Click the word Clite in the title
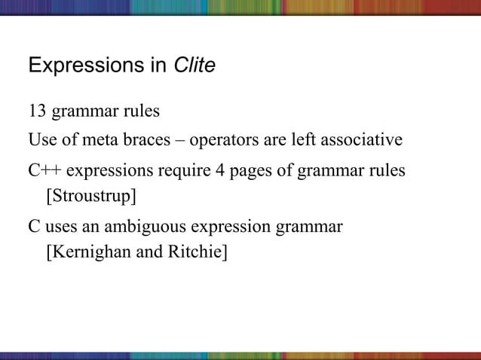[x=195, y=66]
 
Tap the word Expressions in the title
[x=82, y=67]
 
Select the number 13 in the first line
[x=37, y=111]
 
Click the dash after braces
[x=182, y=141]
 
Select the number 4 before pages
[x=220, y=171]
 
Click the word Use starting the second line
[x=41, y=141]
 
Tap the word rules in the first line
[x=141, y=111]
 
